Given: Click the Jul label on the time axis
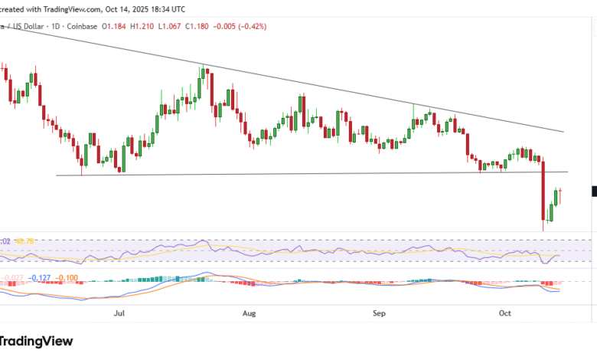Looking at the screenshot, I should pyautogui.click(x=119, y=313).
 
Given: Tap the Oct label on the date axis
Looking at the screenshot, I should pyautogui.click(x=504, y=313).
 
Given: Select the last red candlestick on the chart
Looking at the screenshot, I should pyautogui.click(x=561, y=196).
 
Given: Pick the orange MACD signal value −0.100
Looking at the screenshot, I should pyautogui.click(x=68, y=277).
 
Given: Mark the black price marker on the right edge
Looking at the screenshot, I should pyautogui.click(x=594, y=191).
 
